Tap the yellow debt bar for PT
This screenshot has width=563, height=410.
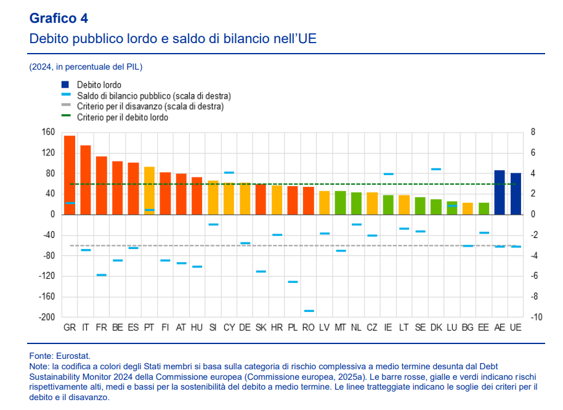pyautogui.click(x=149, y=191)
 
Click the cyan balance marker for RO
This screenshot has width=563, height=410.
pyautogui.click(x=309, y=311)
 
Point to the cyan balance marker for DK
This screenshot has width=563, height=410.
pyautogui.click(x=436, y=169)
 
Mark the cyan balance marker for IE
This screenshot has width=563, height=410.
pyautogui.click(x=388, y=174)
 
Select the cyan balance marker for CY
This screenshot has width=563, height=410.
pyautogui.click(x=229, y=173)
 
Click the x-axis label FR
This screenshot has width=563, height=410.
pyautogui.click(x=102, y=327)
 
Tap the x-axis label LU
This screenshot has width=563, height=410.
pyautogui.click(x=452, y=327)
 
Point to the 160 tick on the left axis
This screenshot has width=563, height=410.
pyautogui.click(x=49, y=132)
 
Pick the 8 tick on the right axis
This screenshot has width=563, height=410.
pyautogui.click(x=533, y=132)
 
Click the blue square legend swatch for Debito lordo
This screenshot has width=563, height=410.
pyautogui.click(x=65, y=84)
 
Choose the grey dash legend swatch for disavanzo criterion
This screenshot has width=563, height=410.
pyautogui.click(x=65, y=107)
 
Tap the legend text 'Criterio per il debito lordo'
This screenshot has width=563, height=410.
pyautogui.click(x=123, y=117)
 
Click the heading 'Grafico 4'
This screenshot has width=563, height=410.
pyautogui.click(x=59, y=19)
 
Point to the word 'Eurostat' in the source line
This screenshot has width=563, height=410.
pyautogui.click(x=73, y=356)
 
